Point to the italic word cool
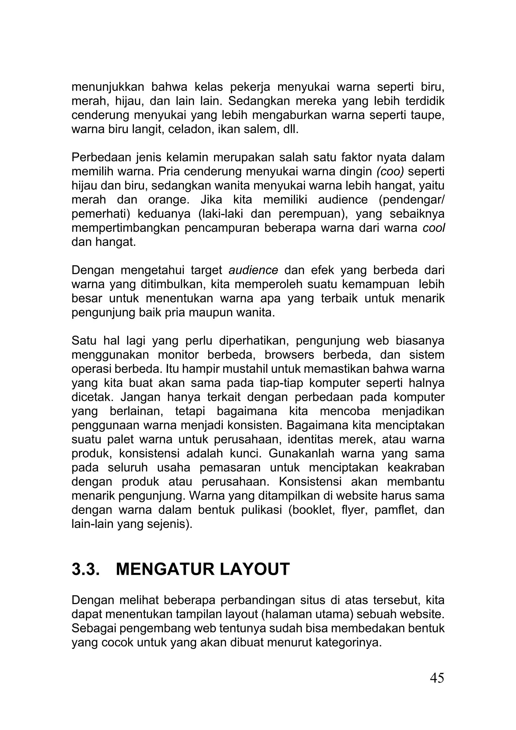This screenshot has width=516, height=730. [x=434, y=228]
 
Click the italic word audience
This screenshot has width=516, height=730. [x=253, y=270]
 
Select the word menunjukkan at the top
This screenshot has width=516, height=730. [x=108, y=86]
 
